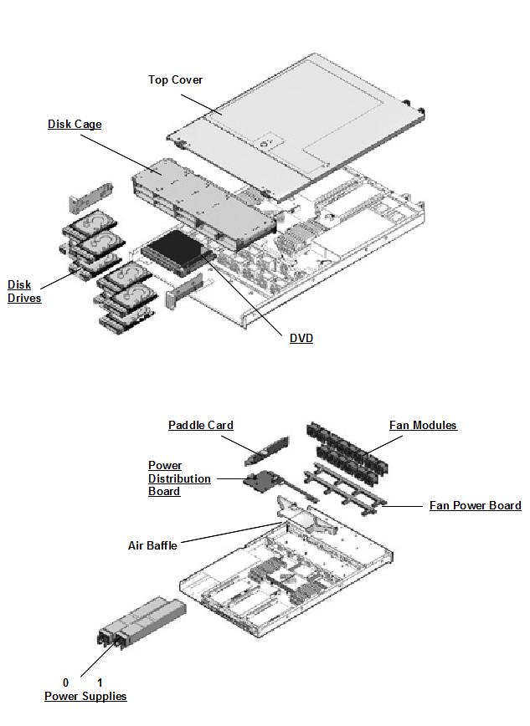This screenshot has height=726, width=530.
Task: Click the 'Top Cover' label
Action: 175,79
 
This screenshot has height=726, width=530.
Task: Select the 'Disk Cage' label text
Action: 75,124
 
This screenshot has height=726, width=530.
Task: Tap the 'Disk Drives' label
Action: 24,291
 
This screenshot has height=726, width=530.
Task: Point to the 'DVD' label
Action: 301,338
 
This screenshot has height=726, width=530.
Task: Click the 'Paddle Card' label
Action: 201,425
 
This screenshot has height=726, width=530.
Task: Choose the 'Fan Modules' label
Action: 423,425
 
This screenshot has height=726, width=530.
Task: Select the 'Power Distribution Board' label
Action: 179,478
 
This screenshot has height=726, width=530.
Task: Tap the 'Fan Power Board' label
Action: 475,505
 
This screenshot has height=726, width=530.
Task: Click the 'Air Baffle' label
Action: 152,545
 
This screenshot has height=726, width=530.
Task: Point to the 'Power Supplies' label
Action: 85,696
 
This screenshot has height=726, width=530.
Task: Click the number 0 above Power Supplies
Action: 66,683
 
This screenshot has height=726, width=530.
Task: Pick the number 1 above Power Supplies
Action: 100,683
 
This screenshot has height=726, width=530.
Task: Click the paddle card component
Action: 267,450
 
